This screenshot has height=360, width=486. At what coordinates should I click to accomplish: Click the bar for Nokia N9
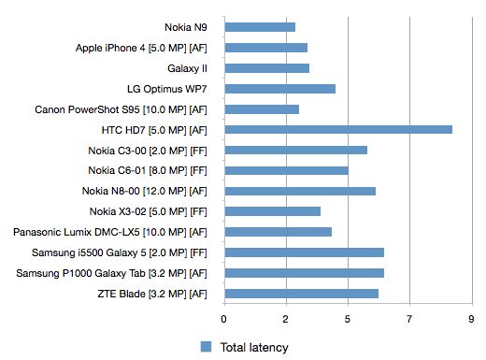point(259,27)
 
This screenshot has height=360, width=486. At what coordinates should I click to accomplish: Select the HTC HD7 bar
point(337,129)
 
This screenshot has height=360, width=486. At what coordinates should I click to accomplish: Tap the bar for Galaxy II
point(266,68)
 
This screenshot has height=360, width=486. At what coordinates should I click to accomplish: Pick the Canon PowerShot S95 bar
point(261,109)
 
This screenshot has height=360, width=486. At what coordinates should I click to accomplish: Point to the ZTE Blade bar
point(301,294)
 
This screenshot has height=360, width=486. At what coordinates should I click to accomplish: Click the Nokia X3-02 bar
point(272,211)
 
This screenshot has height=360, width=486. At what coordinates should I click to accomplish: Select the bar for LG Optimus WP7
point(279,89)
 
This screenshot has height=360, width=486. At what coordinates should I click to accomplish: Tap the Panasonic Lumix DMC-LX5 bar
point(278,232)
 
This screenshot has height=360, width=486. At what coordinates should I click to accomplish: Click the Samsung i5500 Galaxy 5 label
point(117,252)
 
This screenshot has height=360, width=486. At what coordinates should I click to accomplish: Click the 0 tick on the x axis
point(223,319)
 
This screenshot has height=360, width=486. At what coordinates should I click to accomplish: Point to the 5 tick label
point(348,319)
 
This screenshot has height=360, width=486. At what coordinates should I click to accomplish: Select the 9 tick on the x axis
point(471,319)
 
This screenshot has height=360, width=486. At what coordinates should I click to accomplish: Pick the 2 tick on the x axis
point(286,319)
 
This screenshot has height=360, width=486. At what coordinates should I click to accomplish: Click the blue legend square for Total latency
point(207,347)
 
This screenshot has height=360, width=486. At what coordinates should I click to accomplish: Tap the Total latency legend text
point(254,347)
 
